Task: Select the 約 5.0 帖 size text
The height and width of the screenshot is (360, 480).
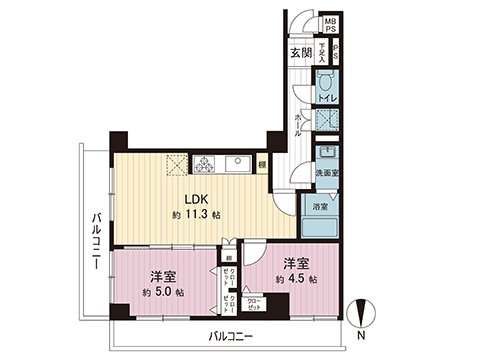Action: (x=163, y=292)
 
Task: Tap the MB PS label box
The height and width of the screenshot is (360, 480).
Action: (x=329, y=25)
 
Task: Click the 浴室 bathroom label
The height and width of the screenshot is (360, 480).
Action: (x=320, y=207)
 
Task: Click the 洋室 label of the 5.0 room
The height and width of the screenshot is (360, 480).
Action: (x=163, y=274)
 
